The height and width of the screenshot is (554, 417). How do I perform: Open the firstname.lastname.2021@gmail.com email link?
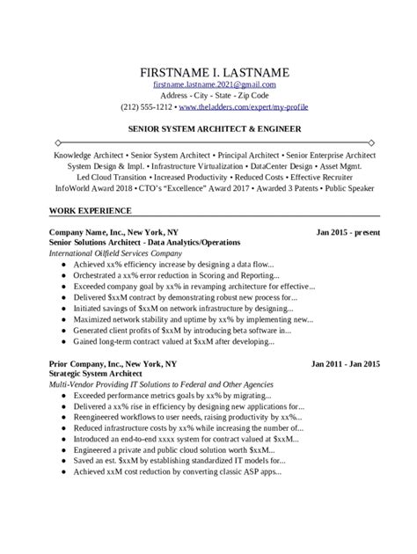214,84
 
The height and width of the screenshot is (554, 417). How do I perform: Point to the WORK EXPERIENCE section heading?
91,211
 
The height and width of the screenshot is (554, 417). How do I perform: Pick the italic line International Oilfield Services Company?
121,252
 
